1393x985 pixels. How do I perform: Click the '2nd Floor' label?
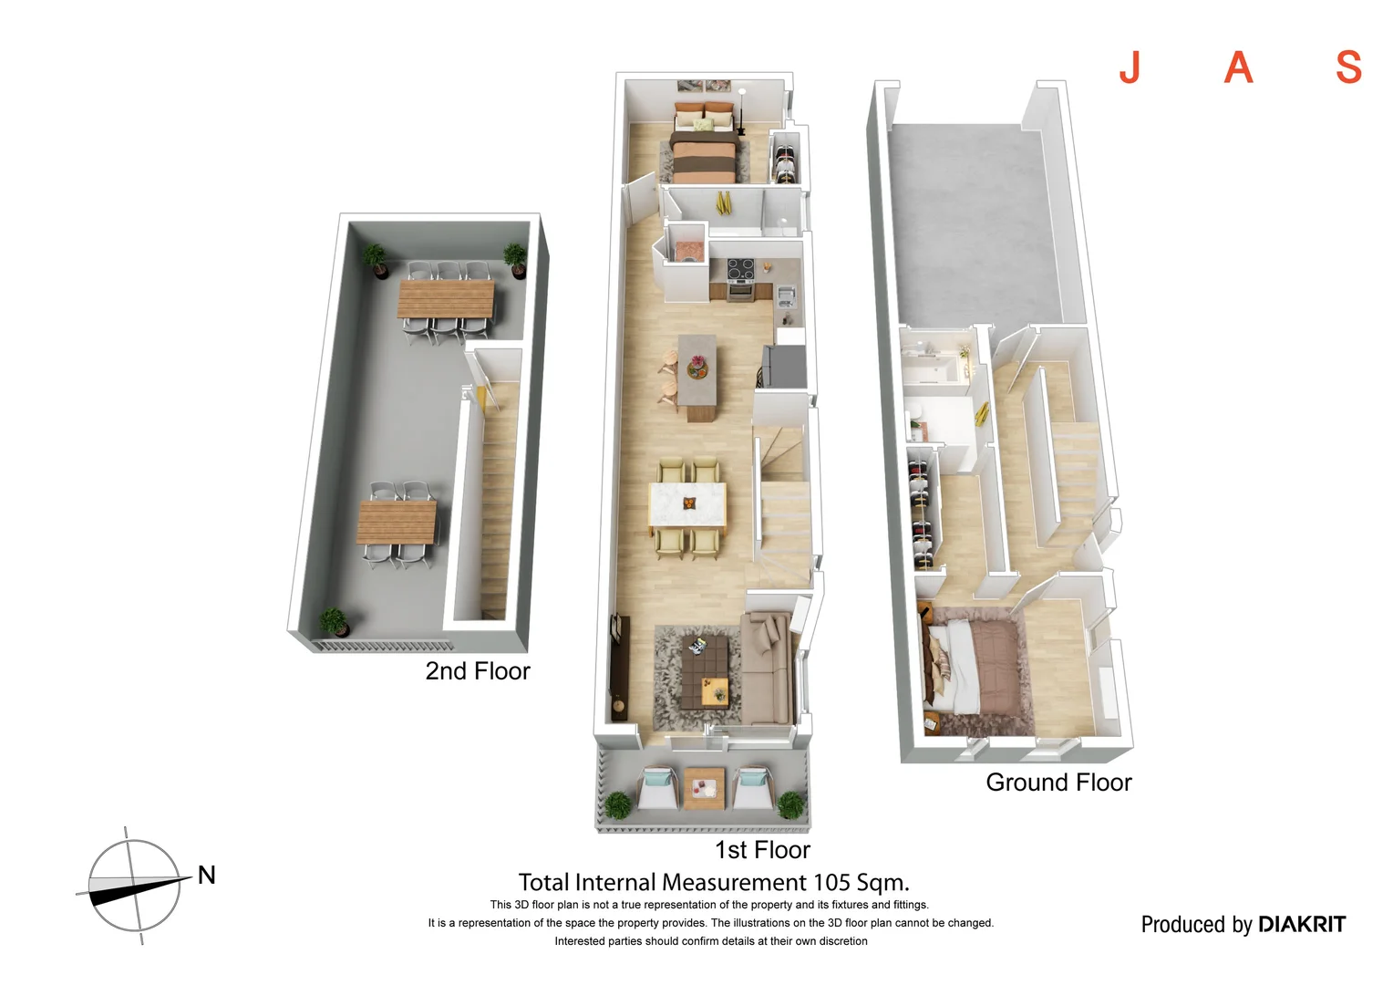click(x=477, y=671)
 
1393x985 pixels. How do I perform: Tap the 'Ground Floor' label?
click(x=1058, y=783)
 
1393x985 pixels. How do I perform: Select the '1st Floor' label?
click(x=762, y=850)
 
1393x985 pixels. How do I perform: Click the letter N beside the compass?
click(x=207, y=876)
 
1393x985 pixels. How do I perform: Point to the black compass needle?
click(x=128, y=891)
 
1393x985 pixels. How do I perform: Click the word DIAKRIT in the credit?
click(x=1301, y=925)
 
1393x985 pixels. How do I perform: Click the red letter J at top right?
click(x=1130, y=67)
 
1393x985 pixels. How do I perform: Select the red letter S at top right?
click(x=1348, y=67)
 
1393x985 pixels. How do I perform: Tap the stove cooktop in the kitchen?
click(x=739, y=269)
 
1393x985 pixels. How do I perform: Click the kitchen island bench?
click(x=697, y=374)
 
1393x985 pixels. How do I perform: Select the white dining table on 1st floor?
click(x=687, y=504)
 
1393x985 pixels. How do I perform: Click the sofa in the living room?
click(x=765, y=670)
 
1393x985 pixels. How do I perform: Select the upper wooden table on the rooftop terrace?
click(x=446, y=299)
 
